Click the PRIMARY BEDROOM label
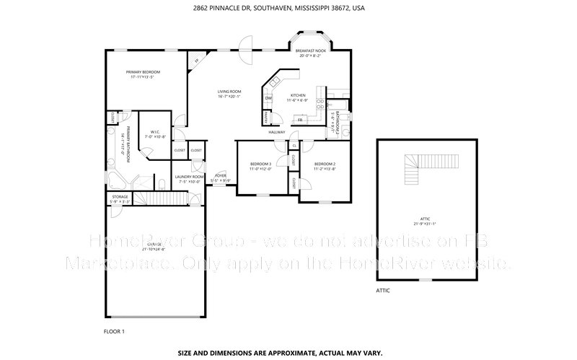[x=143, y=72]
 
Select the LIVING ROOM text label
[x=230, y=92]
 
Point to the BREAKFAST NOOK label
[x=311, y=51]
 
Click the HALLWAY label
[x=277, y=132]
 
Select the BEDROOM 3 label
[x=260, y=164]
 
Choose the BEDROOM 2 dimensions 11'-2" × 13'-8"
[x=325, y=170]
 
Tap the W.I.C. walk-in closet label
[x=154, y=132]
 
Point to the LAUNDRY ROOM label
[x=190, y=176]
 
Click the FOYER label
[x=220, y=175]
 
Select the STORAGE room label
[x=120, y=196]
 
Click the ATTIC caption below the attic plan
[x=383, y=290]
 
